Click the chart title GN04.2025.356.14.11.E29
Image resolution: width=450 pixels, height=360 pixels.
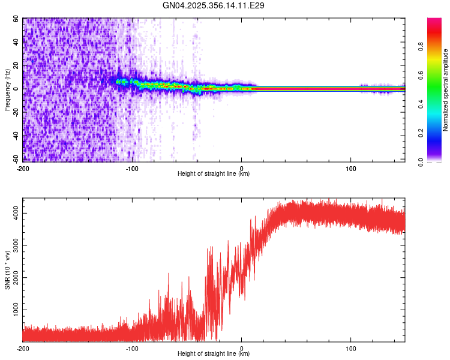tap(214, 5)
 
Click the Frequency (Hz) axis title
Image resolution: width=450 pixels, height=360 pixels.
tap(7, 89)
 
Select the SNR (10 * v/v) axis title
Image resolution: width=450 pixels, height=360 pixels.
tap(7, 269)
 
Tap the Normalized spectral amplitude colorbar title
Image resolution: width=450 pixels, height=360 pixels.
tap(445, 90)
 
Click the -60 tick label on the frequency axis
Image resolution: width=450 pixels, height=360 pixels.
tap(16, 159)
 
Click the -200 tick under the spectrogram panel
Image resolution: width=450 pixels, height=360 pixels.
tap(23, 168)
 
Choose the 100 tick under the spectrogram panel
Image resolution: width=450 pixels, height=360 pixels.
tap(351, 168)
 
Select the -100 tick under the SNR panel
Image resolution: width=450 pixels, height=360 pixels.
tap(132, 348)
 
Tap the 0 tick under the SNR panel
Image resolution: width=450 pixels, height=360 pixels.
tap(242, 348)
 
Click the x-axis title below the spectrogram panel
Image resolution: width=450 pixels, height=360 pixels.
tap(214, 174)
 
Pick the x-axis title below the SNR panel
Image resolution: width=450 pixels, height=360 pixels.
tap(214, 354)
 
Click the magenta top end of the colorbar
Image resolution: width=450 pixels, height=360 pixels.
tap(434, 21)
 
